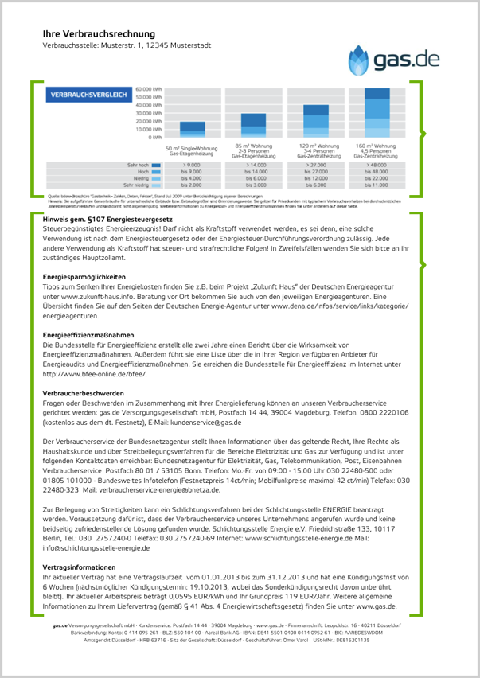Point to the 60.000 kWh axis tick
[148, 89]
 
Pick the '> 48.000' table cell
[377, 165]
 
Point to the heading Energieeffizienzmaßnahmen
[88, 336]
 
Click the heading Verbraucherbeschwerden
[83, 393]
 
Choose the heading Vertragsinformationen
[80, 567]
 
